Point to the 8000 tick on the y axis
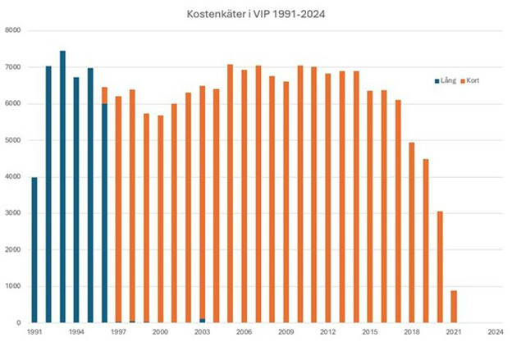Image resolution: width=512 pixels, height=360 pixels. (12, 30)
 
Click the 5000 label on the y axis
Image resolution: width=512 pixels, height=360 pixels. (12, 140)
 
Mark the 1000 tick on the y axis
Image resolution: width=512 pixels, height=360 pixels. (12, 286)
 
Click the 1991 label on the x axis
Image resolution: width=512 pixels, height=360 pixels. (34, 332)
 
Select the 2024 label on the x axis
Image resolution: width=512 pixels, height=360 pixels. (495, 332)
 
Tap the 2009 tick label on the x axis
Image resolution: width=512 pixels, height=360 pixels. (286, 332)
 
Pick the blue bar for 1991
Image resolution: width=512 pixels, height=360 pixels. (34, 250)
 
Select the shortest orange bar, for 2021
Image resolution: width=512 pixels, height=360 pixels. (454, 307)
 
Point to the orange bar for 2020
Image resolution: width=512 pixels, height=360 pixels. (440, 267)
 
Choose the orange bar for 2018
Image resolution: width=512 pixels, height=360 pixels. (412, 233)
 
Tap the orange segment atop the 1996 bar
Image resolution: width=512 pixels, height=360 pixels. (104, 95)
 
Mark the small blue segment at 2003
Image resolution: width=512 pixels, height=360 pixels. (202, 321)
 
